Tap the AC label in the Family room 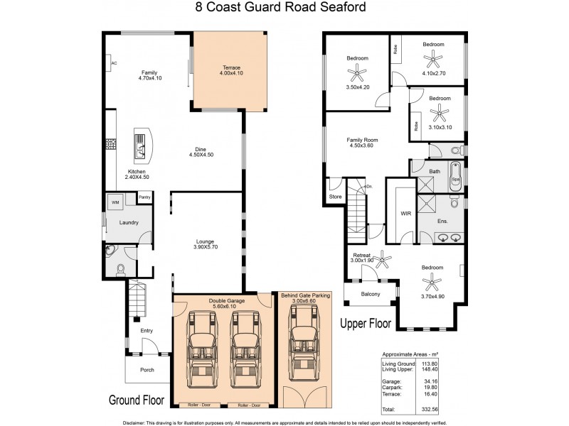[x=114, y=64]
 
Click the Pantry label [x=144, y=197]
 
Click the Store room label [x=334, y=197]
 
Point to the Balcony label [x=370, y=294]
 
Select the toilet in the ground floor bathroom [x=120, y=268]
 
